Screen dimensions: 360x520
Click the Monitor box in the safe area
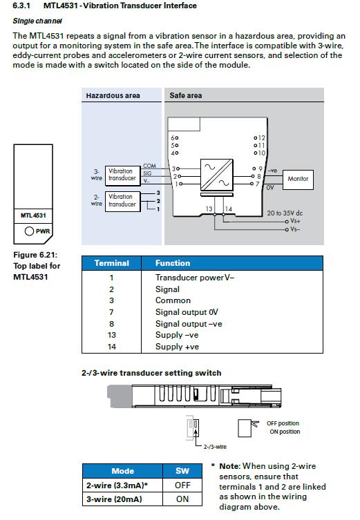298,180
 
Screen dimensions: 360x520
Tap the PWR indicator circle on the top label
29,231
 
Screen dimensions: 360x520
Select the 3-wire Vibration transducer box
122,175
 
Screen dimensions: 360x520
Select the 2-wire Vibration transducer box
122,201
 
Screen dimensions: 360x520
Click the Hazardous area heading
113,95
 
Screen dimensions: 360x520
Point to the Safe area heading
185,95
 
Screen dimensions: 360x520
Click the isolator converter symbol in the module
217,175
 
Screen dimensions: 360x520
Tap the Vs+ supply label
295,221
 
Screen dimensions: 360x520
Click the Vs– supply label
295,229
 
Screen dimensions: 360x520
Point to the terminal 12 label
261,137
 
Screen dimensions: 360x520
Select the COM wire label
149,166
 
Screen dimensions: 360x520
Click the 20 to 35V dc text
285,213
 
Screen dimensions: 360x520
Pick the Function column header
173,263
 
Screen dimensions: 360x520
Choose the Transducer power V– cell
195,277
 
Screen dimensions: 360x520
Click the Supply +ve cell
177,347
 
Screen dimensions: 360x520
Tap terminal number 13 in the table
111,335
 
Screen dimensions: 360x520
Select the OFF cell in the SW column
182,485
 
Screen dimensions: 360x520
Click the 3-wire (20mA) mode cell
114,499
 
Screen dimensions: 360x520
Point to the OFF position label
283,423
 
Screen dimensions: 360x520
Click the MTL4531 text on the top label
33,215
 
